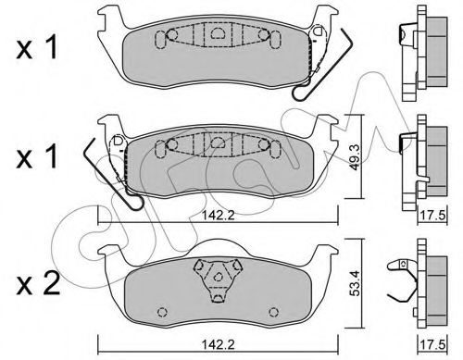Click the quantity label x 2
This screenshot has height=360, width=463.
point(35,281)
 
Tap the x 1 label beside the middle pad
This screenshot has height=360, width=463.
point(35,159)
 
